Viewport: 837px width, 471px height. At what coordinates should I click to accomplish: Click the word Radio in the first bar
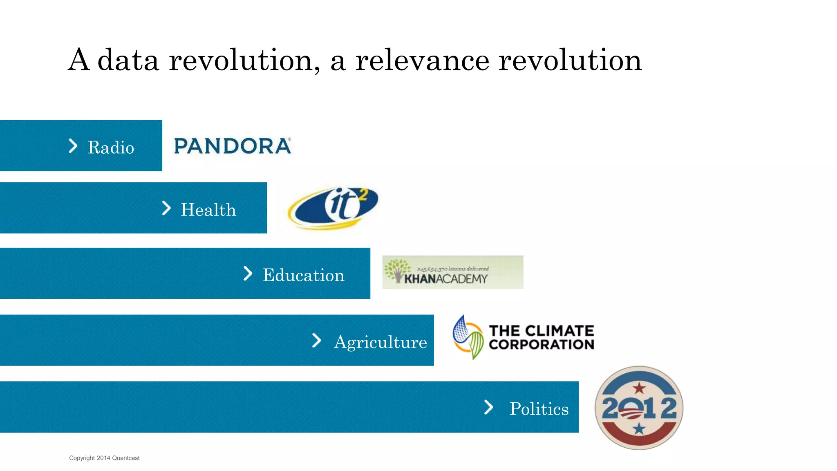point(111,148)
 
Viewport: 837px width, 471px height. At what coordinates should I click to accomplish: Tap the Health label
point(208,210)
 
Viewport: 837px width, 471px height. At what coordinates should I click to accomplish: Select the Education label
point(304,275)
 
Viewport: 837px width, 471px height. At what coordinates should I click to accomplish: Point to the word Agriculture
point(380,342)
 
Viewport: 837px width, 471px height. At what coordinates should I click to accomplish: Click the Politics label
point(539,409)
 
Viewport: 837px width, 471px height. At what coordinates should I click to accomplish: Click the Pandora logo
point(233,146)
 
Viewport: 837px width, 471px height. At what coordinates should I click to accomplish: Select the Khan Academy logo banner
point(452,272)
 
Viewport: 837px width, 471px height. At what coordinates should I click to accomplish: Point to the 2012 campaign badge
point(639,408)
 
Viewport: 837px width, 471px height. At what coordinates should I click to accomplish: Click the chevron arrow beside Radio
point(73,146)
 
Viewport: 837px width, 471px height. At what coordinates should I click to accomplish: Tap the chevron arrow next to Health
point(166,208)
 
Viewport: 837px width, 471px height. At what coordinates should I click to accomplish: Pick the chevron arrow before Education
point(248,273)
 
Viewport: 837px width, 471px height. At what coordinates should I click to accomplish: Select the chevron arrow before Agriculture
point(316,340)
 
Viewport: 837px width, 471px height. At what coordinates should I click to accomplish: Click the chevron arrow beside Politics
point(488,407)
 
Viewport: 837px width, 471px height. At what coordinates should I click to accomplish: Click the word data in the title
point(128,61)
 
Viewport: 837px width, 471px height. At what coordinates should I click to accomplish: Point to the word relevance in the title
point(422,61)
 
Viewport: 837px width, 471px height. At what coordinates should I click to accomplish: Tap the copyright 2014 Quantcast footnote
point(104,458)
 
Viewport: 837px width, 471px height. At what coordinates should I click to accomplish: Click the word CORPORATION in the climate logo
point(541,344)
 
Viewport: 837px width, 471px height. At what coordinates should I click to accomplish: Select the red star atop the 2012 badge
point(639,387)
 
